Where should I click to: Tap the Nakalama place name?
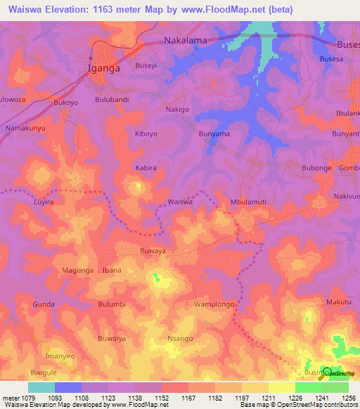(186, 41)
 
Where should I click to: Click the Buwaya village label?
(153, 249)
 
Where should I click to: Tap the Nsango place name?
(180, 338)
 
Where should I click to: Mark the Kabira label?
(146, 169)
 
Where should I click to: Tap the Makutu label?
(338, 302)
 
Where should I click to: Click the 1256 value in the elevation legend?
(349, 398)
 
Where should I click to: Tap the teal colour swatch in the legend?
(41, 387)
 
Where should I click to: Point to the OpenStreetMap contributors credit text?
(319, 405)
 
